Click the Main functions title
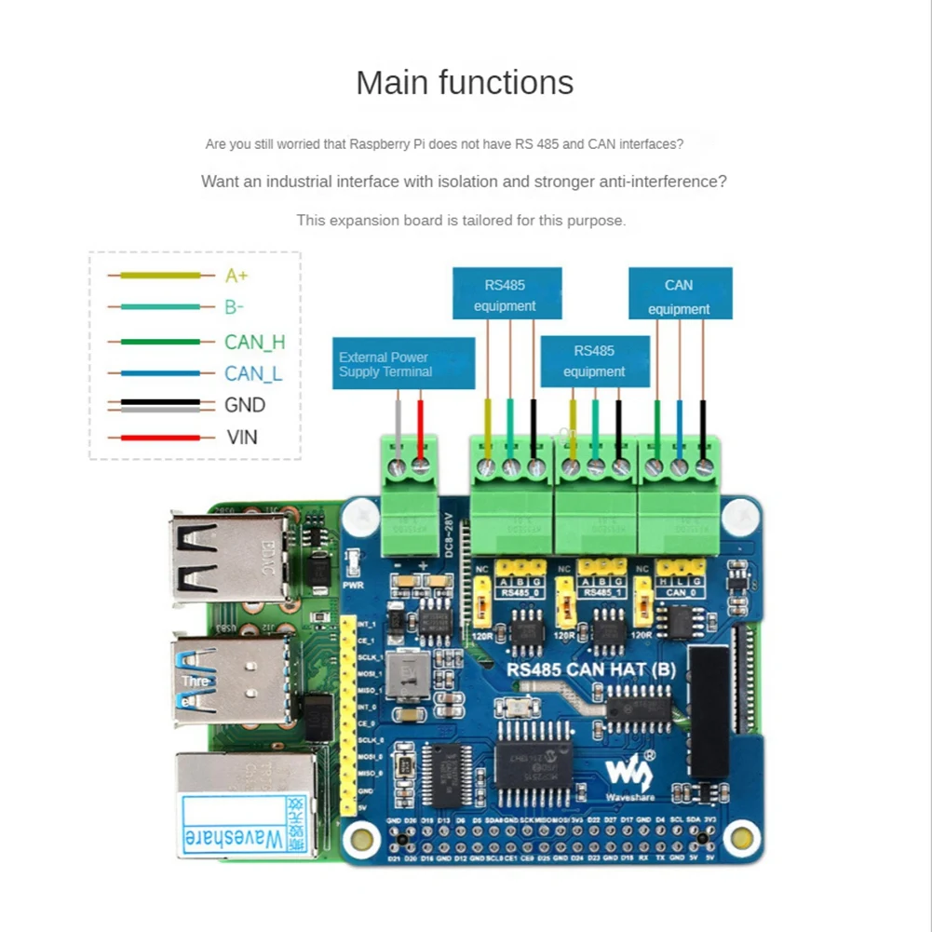pos(465,83)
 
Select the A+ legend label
pos(236,276)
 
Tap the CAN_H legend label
pos(254,342)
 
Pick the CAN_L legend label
pos(252,374)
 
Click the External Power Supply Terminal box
pos(403,364)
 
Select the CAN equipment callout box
pos(680,294)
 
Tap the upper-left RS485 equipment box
pos(507,294)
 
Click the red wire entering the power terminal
pos(420,428)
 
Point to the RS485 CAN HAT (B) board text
pos(590,669)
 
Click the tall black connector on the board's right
pos(709,712)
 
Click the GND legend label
pos(245,405)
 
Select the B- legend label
pos(234,307)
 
